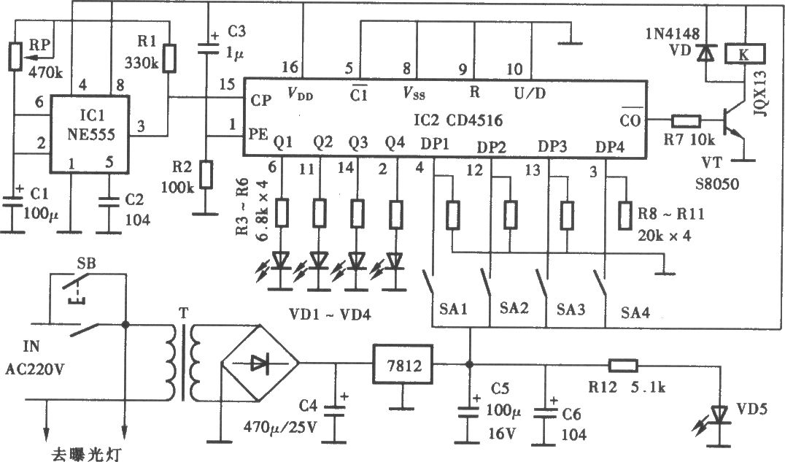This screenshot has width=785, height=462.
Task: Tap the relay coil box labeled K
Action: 744,54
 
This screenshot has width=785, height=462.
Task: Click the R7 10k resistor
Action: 686,120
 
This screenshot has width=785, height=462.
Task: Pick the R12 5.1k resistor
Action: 623,365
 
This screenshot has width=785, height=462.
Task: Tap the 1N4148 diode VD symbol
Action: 706,52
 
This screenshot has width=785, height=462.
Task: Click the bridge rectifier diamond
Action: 260,363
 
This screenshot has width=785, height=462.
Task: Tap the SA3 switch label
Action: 571,309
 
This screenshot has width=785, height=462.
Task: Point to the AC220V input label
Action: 36,369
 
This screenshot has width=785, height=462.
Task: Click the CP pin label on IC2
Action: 261,100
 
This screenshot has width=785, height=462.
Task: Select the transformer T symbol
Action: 182,363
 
